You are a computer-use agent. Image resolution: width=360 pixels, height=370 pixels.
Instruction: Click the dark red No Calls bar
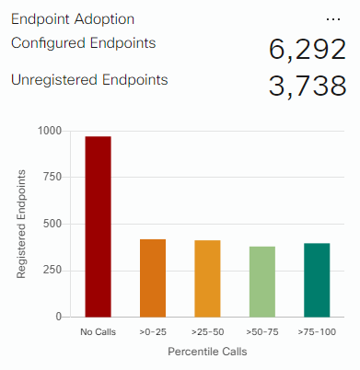pyautogui.click(x=99, y=226)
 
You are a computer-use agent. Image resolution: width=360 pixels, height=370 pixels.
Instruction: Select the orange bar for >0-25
pyautogui.click(x=153, y=278)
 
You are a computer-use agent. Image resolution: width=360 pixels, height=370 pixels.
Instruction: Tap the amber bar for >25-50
pyautogui.click(x=207, y=279)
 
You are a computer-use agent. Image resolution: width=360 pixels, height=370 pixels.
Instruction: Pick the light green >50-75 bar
pyautogui.click(x=262, y=282)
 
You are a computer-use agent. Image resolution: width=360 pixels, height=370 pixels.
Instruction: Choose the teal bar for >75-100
pyautogui.click(x=317, y=280)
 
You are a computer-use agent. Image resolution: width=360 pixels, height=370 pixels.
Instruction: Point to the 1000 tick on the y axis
pyautogui.click(x=50, y=131)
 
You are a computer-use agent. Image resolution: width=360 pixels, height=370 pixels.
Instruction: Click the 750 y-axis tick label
pyautogui.click(x=52, y=177)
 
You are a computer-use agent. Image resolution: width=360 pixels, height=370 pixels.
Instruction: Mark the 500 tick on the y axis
pyautogui.click(x=52, y=224)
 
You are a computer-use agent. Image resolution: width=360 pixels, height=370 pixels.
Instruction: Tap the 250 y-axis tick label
pyautogui.click(x=52, y=271)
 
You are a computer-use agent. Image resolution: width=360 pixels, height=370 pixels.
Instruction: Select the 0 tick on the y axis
pyautogui.click(x=59, y=317)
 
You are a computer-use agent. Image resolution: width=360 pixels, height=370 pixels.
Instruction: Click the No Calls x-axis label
pyautogui.click(x=99, y=332)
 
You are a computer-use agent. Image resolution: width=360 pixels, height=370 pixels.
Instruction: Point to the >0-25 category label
pyautogui.click(x=153, y=332)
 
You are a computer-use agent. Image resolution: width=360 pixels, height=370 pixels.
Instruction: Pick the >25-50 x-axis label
pyautogui.click(x=207, y=332)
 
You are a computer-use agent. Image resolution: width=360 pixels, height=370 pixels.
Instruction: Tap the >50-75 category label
pyautogui.click(x=262, y=332)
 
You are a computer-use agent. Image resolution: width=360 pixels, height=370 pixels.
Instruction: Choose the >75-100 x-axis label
pyautogui.click(x=317, y=332)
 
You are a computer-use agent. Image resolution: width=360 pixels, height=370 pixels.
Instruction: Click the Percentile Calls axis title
pyautogui.click(x=207, y=352)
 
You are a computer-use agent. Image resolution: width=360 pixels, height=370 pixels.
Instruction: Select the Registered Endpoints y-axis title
pyautogui.click(x=21, y=225)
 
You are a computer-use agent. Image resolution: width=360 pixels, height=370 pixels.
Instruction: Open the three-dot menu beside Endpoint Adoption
pyautogui.click(x=333, y=19)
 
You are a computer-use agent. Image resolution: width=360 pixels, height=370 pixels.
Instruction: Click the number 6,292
pyautogui.click(x=308, y=50)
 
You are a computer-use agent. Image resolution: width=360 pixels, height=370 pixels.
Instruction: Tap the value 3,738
pyautogui.click(x=308, y=87)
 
